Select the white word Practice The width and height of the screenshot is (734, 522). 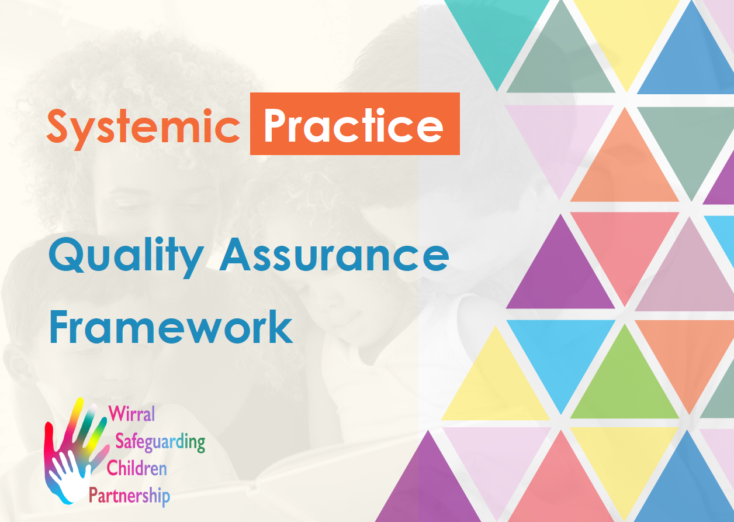coord(354,125)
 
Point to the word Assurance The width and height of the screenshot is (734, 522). coord(334,256)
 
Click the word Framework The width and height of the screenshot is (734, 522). coord(171,327)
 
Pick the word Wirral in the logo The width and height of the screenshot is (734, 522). coord(132,414)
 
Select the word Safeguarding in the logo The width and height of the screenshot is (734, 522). coord(160,442)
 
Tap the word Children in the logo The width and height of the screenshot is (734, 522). coord(136,468)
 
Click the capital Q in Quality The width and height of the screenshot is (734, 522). coord(65,256)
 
